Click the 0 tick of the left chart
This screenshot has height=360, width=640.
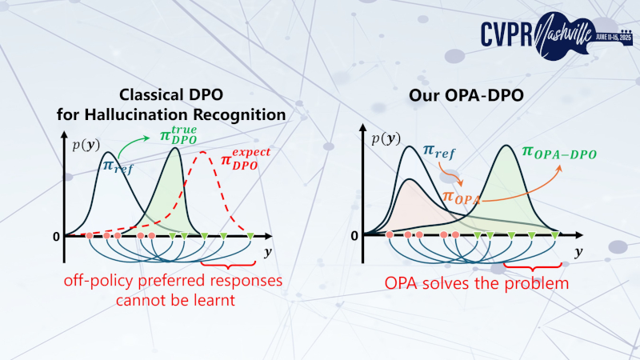click(x=57, y=237)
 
